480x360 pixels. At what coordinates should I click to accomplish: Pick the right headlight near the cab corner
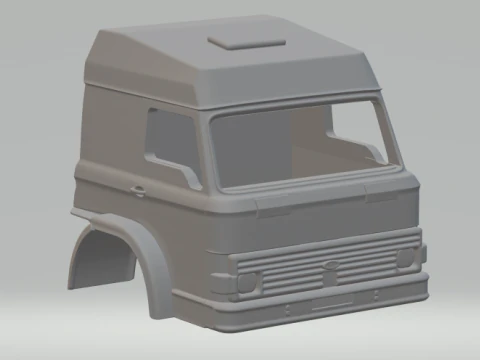click(x=404, y=258)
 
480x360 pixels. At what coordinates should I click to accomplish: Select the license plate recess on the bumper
click(x=331, y=299)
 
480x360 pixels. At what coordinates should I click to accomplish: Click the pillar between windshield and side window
click(x=205, y=150)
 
